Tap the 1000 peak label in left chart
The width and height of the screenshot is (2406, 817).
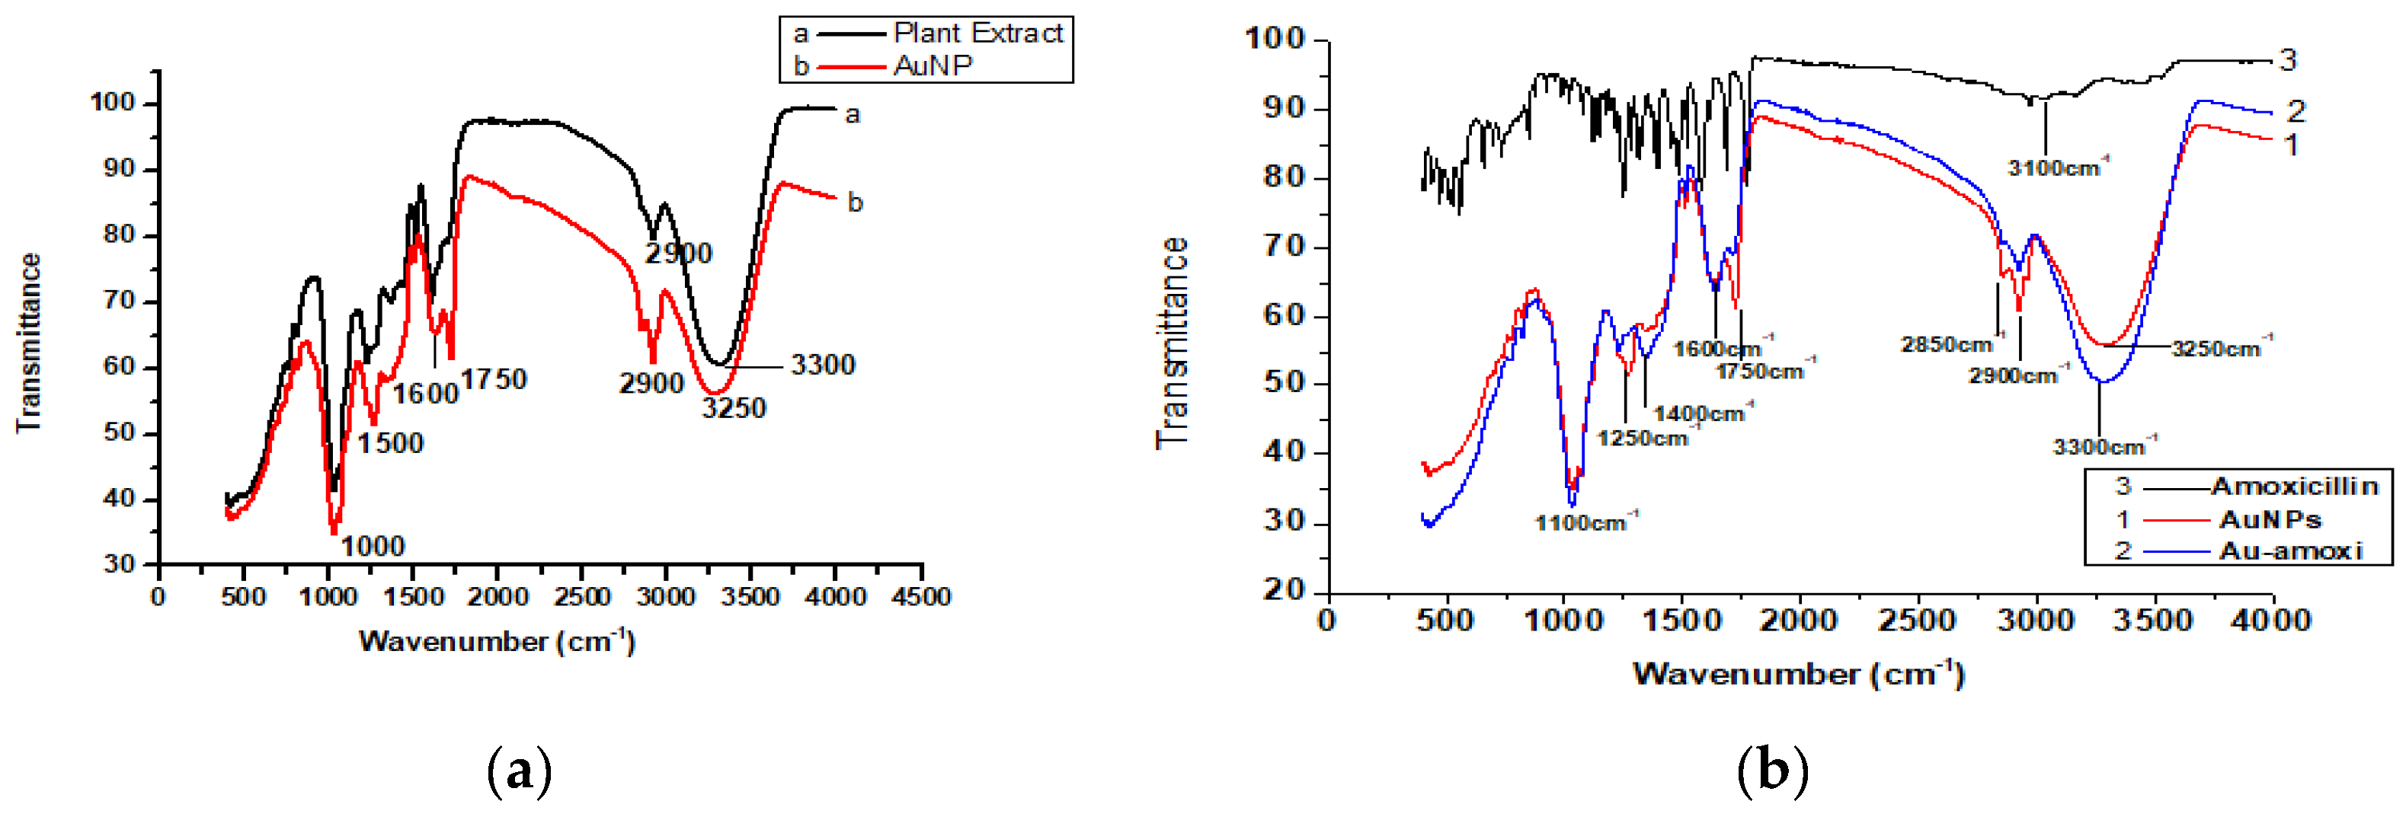373,546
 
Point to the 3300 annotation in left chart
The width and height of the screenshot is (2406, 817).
822,365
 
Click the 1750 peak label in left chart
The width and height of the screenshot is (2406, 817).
494,379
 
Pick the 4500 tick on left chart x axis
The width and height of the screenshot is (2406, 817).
920,597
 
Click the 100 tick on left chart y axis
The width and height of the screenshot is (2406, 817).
112,102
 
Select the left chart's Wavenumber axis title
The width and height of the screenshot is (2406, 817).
496,641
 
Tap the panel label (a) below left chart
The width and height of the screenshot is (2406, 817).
520,772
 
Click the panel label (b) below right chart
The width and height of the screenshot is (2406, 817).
1772,772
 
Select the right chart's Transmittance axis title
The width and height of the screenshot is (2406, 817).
1173,342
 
